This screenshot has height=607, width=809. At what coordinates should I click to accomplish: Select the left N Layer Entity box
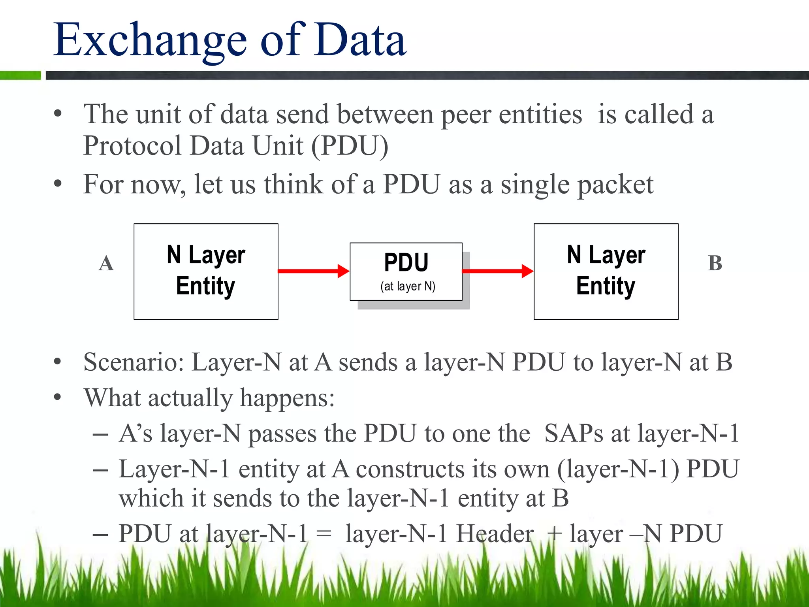206,271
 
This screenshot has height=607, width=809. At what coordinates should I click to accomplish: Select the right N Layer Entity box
606,271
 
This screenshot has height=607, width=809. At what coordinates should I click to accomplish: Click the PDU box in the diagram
406,271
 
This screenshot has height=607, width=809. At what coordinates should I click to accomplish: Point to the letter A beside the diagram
106,263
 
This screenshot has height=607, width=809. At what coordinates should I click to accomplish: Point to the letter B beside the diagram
715,263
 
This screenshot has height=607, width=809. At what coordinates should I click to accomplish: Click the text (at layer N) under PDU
408,286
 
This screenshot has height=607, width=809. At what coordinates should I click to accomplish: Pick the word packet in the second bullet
616,185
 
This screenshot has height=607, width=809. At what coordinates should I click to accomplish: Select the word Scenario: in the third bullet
134,362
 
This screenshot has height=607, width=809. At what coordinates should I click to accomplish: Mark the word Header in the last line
495,534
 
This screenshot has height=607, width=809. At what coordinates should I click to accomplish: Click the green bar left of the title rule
20,75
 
